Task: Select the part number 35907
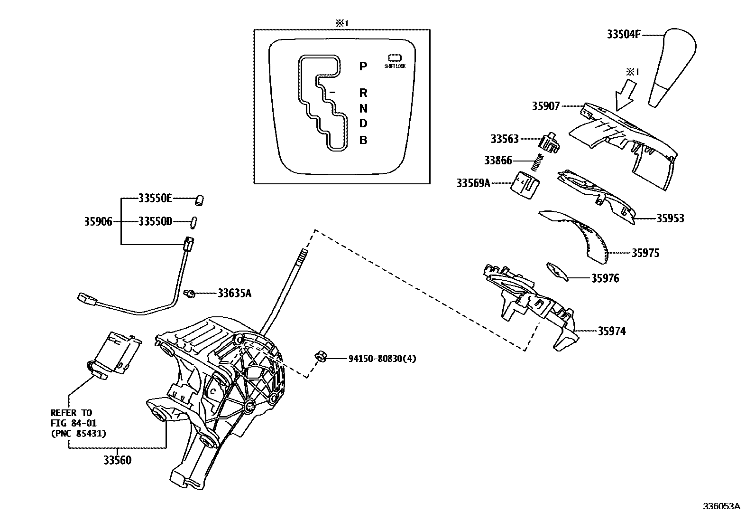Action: point(545,106)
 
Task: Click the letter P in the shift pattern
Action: point(363,66)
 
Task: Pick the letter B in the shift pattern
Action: point(363,140)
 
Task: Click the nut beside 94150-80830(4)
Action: point(320,357)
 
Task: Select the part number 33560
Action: point(117,460)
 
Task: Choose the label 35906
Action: point(98,221)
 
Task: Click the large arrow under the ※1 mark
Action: point(625,94)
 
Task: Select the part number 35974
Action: point(611,331)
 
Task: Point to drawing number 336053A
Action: point(721,506)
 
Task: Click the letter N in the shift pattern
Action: point(363,108)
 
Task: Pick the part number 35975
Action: point(645,253)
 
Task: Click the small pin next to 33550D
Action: point(194,222)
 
